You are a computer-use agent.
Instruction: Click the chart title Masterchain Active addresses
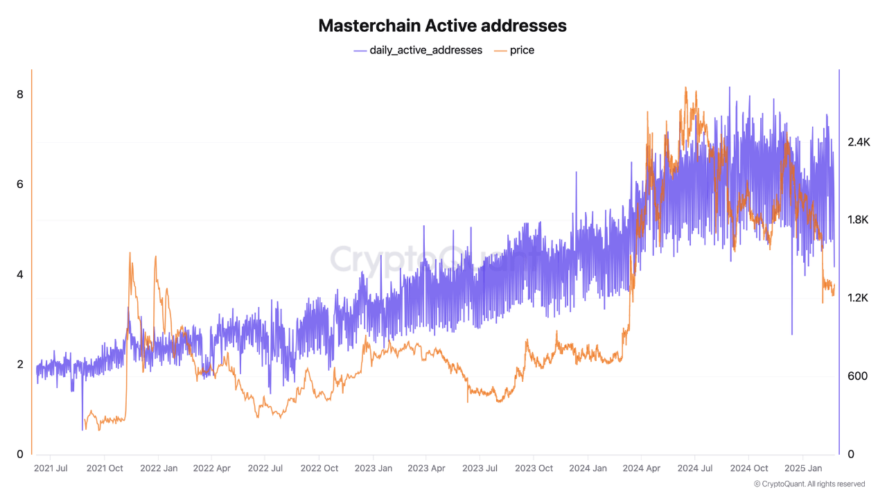click(x=442, y=26)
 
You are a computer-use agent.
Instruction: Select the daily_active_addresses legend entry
click(x=418, y=50)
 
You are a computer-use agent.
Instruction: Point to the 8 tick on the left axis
click(x=20, y=94)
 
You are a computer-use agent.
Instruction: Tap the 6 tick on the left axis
click(x=20, y=184)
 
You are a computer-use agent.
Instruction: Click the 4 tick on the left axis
click(x=20, y=274)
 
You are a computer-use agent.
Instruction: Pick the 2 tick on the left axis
click(x=20, y=365)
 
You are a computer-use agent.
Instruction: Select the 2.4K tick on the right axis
click(x=858, y=142)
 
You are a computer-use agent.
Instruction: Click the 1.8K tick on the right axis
click(x=858, y=220)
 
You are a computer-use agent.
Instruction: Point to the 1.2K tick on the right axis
click(x=858, y=298)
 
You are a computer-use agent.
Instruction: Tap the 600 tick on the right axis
click(x=858, y=376)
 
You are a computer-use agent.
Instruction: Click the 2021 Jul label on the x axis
click(x=51, y=469)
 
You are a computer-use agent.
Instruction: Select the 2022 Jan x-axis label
click(x=159, y=469)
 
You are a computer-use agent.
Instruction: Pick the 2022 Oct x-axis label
click(x=319, y=469)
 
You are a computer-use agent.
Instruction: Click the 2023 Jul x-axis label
click(x=480, y=469)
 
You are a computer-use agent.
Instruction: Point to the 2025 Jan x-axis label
click(x=803, y=469)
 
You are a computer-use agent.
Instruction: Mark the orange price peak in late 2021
click(x=130, y=254)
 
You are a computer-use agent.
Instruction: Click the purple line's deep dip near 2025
click(x=792, y=334)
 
